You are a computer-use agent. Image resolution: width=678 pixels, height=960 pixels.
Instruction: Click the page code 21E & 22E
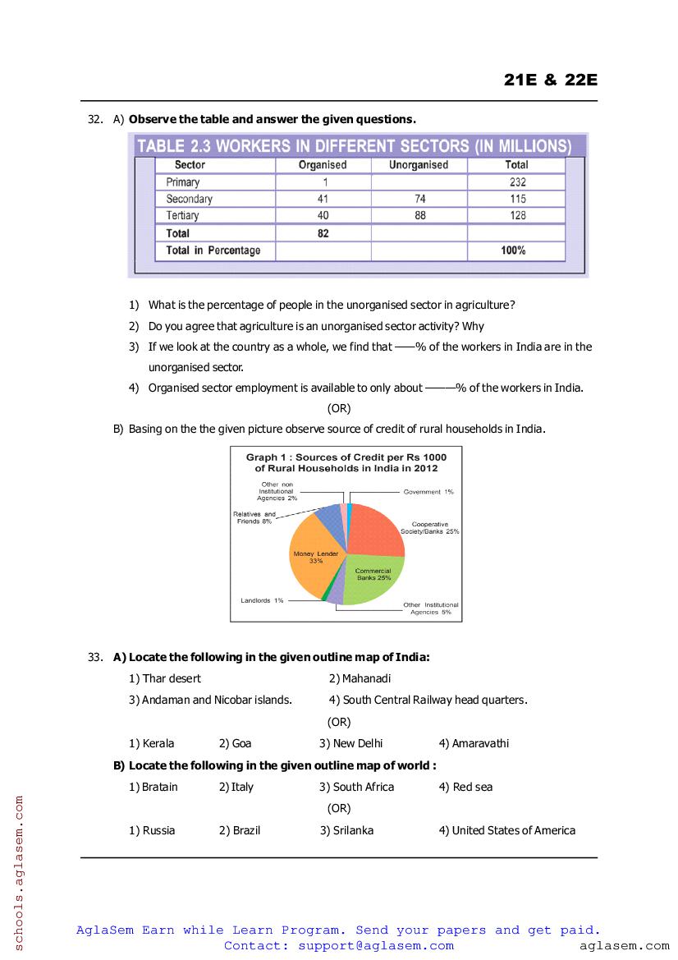[550, 80]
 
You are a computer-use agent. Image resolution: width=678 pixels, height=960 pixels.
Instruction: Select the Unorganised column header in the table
[419, 165]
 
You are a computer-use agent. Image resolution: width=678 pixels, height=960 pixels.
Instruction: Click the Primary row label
[182, 182]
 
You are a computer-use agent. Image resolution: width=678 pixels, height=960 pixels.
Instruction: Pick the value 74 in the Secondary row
[419, 199]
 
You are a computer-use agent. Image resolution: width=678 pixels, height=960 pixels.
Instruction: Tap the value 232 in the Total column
[517, 182]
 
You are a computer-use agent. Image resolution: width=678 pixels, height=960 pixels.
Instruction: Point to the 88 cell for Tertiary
[419, 216]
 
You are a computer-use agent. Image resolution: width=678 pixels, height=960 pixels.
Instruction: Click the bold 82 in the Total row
[323, 233]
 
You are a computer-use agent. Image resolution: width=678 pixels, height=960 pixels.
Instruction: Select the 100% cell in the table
[514, 250]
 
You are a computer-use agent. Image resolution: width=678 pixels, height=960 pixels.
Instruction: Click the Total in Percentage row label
[213, 250]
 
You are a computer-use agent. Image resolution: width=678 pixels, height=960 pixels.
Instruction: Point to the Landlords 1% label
[262, 600]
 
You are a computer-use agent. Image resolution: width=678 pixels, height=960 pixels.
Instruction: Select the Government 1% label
[428, 492]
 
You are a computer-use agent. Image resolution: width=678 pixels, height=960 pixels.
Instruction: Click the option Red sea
[472, 787]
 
